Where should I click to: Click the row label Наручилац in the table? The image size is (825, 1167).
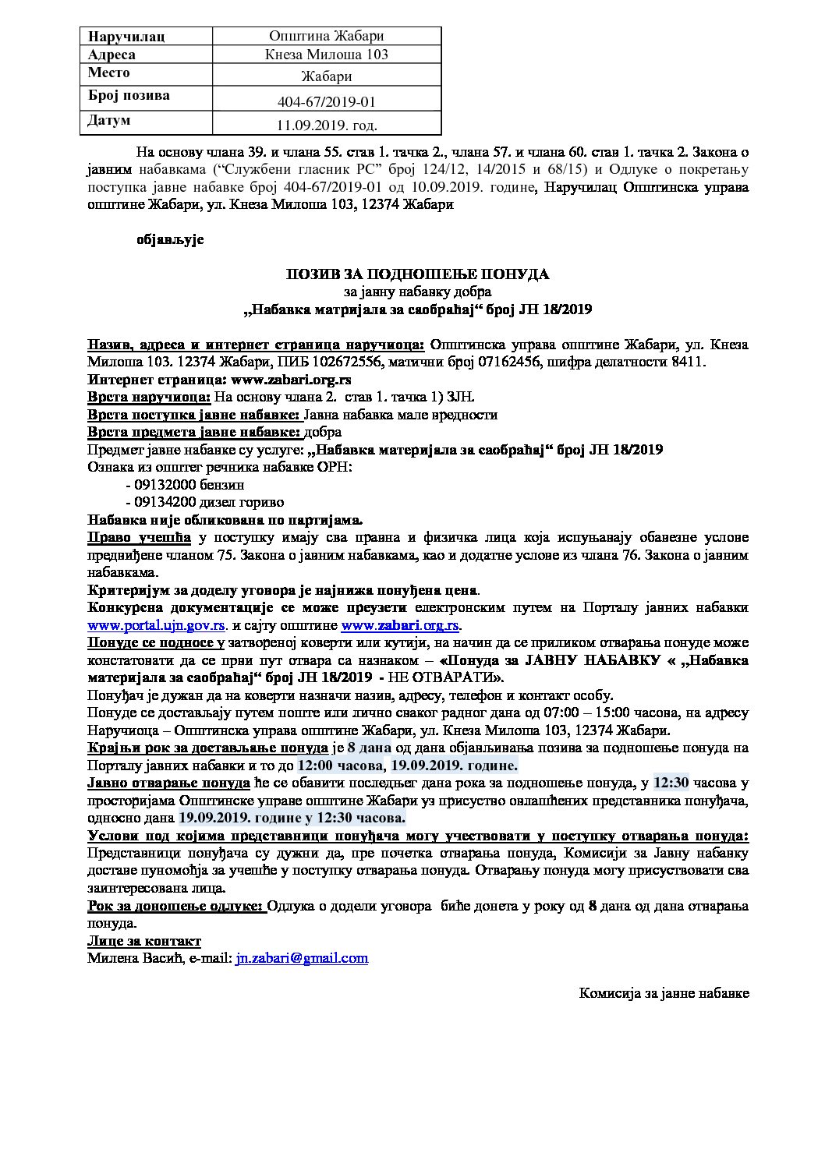click(126, 37)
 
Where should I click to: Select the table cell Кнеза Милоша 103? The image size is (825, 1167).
click(328, 55)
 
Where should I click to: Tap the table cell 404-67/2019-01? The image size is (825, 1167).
click(328, 101)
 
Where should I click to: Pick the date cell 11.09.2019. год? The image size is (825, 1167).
click(328, 125)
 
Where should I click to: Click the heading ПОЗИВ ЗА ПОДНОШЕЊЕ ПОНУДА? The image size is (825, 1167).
click(417, 274)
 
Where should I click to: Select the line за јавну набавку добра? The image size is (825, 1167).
click(418, 292)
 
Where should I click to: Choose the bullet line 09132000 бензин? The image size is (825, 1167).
click(184, 484)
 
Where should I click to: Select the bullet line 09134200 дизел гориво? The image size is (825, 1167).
click(204, 501)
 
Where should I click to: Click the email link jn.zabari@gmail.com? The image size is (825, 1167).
click(302, 958)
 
